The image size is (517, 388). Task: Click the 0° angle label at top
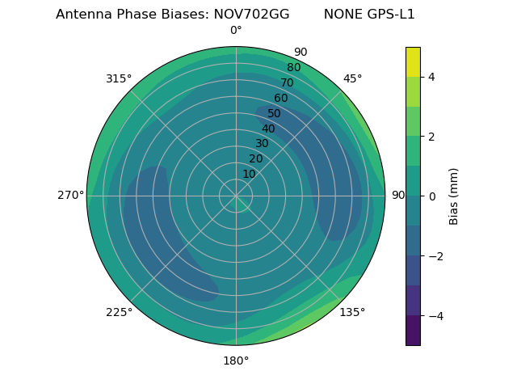point(236,31)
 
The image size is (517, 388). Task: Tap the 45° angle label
point(352,78)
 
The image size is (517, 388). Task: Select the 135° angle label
point(352,312)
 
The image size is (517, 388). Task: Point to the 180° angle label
point(236,361)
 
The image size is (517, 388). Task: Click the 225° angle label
point(119,312)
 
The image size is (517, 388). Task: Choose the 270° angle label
point(70,195)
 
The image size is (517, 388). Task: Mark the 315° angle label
point(119,78)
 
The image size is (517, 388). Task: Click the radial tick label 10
point(249,174)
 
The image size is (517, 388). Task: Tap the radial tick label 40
point(268,129)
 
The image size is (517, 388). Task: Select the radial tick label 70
point(287,82)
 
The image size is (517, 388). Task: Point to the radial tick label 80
point(293,67)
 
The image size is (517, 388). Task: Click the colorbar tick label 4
point(431,77)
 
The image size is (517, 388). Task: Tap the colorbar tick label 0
point(431,196)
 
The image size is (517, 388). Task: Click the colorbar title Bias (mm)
point(454,196)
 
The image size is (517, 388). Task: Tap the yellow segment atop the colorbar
point(413,61)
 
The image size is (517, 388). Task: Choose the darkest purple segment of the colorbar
point(413,330)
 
